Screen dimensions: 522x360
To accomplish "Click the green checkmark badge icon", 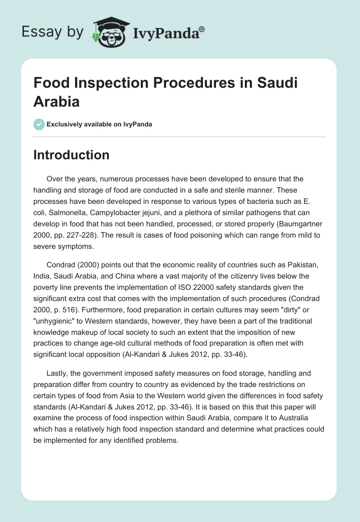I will [39, 124].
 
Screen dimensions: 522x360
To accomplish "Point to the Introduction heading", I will [72, 155].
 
